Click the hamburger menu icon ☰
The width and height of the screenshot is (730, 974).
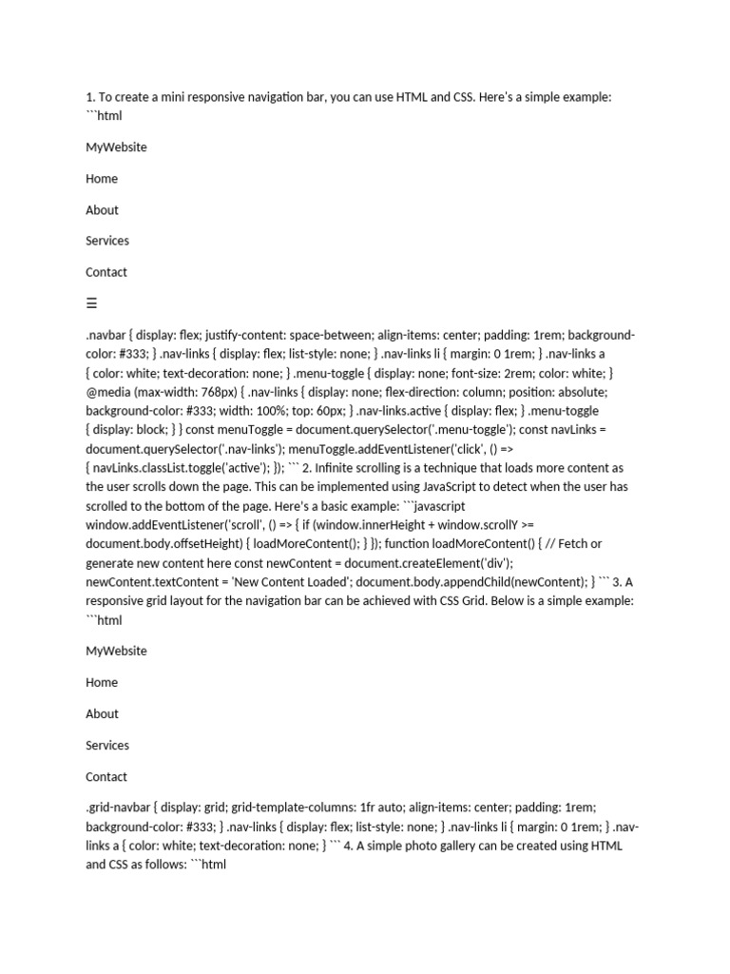91,303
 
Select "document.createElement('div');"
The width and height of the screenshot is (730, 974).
427,562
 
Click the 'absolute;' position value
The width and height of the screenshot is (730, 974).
580,391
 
